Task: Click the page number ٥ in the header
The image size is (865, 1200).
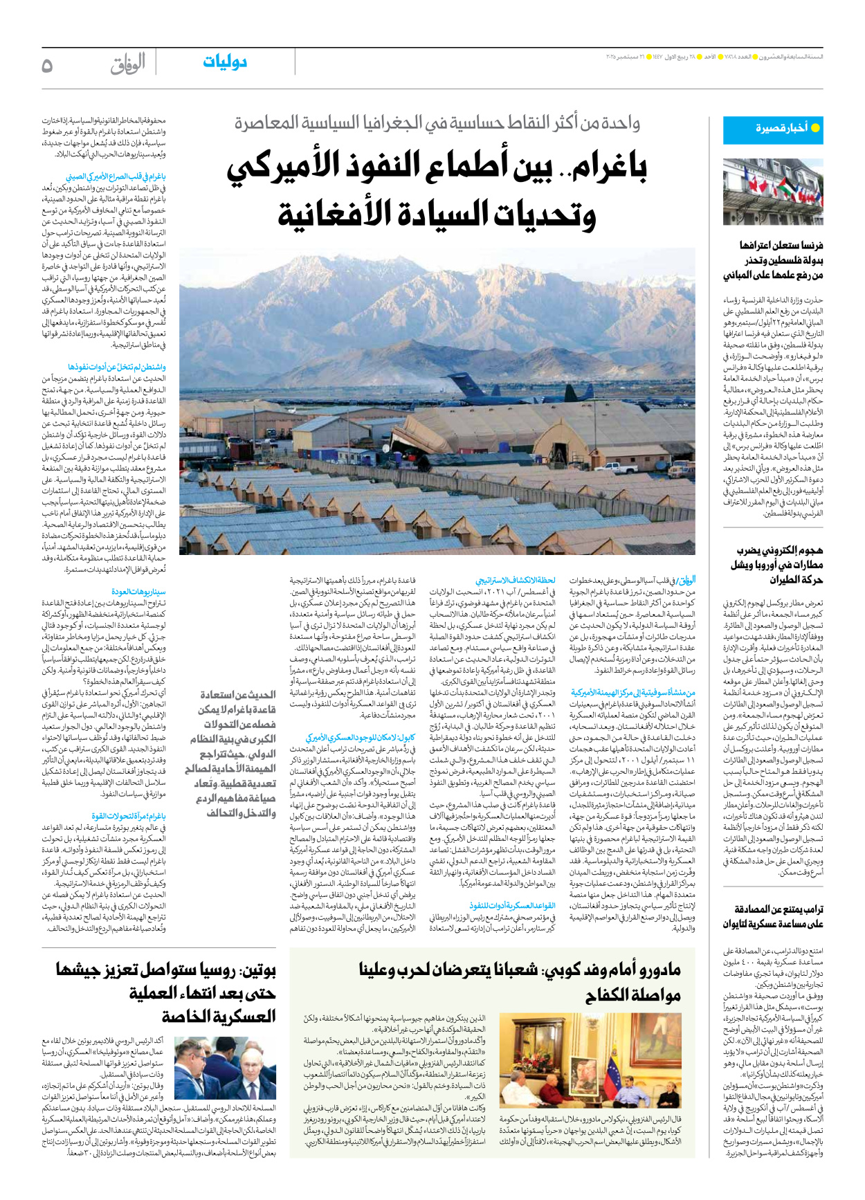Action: [x=47, y=65]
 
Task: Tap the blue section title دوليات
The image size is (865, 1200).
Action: [x=224, y=62]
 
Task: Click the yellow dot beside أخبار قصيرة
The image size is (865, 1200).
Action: [x=815, y=128]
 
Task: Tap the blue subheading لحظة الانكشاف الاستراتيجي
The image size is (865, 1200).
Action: [x=516, y=581]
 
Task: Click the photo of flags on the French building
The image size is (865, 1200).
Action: [x=772, y=192]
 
